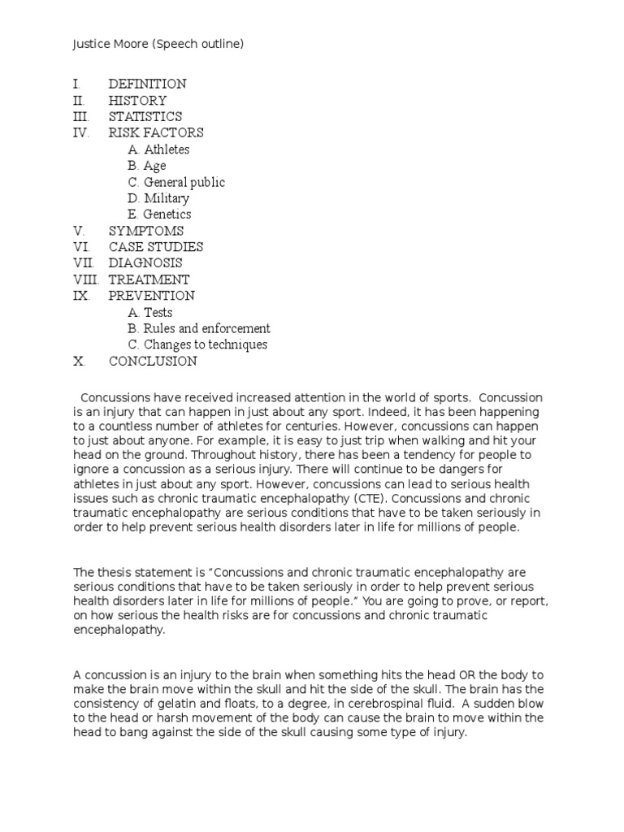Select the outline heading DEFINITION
147,84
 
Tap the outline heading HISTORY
137,101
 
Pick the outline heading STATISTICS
145,117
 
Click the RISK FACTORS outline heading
156,133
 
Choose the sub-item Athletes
167,149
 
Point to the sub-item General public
184,182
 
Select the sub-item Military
167,198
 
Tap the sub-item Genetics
167,214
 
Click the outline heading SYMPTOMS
146,231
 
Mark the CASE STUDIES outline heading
156,247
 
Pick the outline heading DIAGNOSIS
145,263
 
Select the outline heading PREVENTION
152,296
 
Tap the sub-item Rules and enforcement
206,329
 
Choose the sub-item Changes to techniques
205,345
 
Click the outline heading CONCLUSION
153,362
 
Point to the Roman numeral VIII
84,279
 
